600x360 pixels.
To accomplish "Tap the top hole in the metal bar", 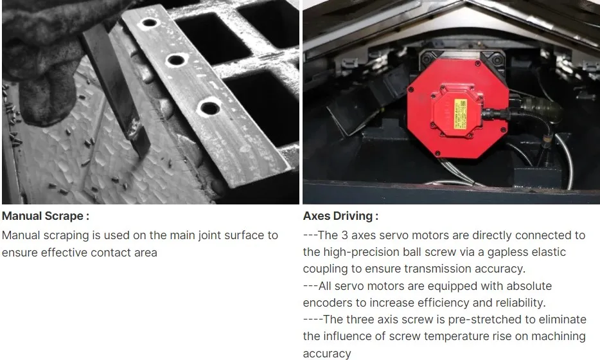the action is pyautogui.click(x=149, y=22).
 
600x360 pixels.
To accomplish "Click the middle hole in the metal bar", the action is pyautogui.click(x=176, y=60).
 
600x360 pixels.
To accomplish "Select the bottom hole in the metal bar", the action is pyautogui.click(x=210, y=109).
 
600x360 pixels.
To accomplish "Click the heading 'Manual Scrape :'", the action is pyautogui.click(x=46, y=216).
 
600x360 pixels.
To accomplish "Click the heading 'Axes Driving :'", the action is pyautogui.click(x=340, y=216).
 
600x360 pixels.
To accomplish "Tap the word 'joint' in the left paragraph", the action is pyautogui.click(x=209, y=235).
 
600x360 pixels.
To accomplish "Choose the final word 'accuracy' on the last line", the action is pyautogui.click(x=327, y=354).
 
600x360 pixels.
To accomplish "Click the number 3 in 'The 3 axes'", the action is pyautogui.click(x=344, y=235).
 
